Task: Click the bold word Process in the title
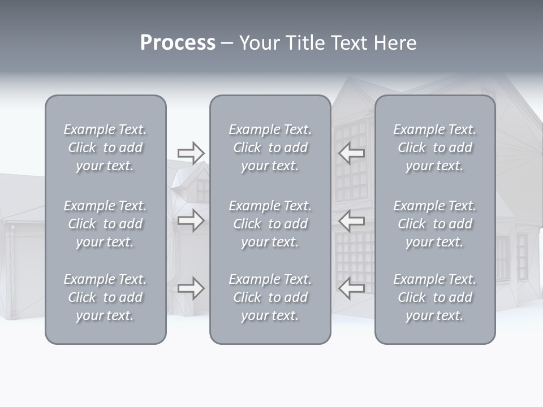[x=178, y=43]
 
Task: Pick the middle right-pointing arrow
[x=191, y=220]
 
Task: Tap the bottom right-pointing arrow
[x=191, y=288]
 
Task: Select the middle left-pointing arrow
[x=352, y=220]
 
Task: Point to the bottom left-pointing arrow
[x=352, y=288]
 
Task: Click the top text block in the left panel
[x=105, y=148]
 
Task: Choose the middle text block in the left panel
[x=105, y=224]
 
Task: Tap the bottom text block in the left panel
[x=105, y=297]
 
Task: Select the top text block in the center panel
[x=270, y=148]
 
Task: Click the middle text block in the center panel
[x=270, y=224]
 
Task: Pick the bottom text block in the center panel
[x=270, y=297]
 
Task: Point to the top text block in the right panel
[x=435, y=148]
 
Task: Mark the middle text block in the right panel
[x=435, y=224]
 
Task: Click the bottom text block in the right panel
[x=435, y=297]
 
